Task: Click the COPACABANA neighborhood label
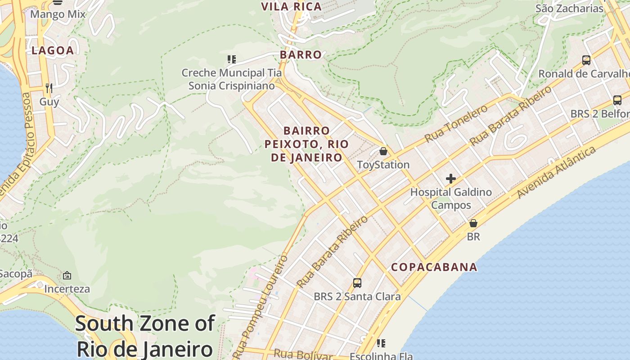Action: pos(434,267)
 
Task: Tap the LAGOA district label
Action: pos(52,50)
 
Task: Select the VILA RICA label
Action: pos(292,6)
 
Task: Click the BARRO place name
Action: pos(301,54)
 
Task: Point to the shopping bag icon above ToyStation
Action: pos(383,151)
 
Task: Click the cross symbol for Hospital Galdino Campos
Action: pos(450,179)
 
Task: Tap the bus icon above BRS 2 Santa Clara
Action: pos(357,283)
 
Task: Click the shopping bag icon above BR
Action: pos(473,223)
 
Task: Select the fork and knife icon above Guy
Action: pos(49,88)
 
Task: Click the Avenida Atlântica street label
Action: pos(556,172)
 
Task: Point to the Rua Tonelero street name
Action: pos(456,123)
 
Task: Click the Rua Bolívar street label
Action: pos(303,355)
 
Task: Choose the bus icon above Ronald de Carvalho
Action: pos(586,60)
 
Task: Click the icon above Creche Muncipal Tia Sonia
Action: pos(231,59)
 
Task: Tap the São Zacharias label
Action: pos(569,8)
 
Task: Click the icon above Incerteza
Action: pos(67,275)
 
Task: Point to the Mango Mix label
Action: pos(58,14)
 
